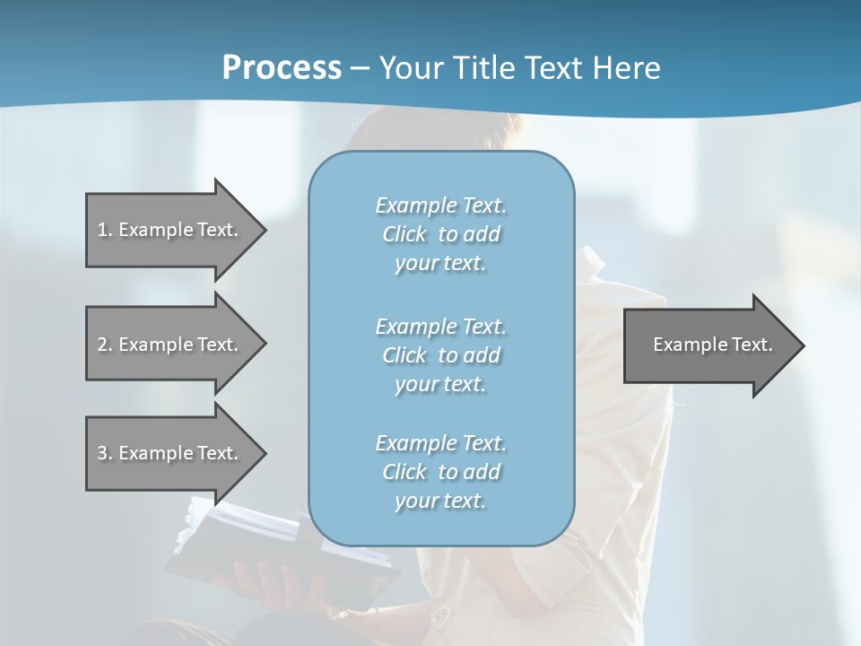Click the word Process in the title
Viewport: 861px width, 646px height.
click(282, 68)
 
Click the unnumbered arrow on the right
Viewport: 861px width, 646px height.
click(709, 345)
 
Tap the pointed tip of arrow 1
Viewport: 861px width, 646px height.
click(264, 230)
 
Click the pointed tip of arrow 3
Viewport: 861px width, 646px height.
click(264, 453)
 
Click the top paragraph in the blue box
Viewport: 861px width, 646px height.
click(440, 234)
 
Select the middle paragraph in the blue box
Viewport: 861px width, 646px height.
click(440, 355)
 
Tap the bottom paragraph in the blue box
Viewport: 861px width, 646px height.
click(440, 472)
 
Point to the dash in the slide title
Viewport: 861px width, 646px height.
click(361, 68)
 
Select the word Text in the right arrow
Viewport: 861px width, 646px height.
click(751, 345)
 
